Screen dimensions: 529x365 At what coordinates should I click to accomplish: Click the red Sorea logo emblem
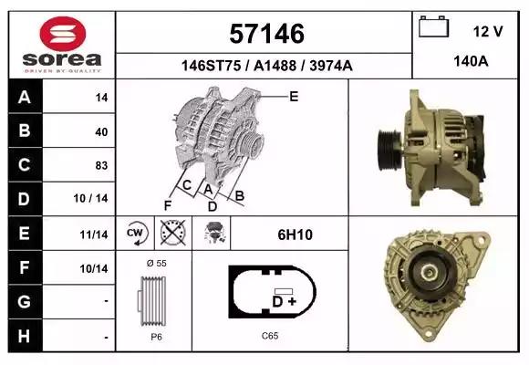point(63,34)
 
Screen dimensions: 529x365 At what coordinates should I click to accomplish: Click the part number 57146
point(267,34)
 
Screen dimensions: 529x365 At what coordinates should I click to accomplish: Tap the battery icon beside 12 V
point(433,26)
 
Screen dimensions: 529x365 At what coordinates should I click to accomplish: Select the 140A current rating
point(471,61)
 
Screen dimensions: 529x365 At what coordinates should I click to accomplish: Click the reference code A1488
point(275,66)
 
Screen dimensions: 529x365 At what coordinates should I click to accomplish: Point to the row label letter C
point(25,165)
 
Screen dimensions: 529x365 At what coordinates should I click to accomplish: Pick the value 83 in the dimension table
point(101,165)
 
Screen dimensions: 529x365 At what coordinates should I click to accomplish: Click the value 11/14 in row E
point(94,235)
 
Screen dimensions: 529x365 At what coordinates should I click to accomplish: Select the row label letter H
point(24,337)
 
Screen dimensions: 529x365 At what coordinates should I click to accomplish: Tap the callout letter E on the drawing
point(294,97)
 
